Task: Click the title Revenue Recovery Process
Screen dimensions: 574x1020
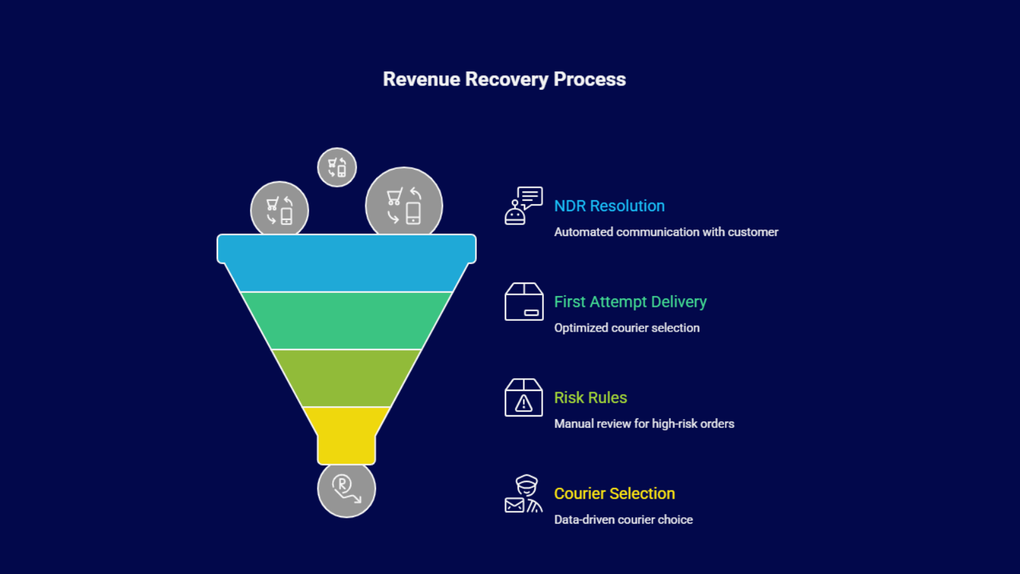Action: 504,79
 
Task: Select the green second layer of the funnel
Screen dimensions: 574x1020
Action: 346,320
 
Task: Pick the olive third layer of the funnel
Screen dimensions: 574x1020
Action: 346,378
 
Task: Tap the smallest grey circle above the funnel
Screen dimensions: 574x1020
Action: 337,168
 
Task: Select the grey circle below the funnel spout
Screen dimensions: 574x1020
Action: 346,490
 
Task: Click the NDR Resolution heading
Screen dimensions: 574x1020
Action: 609,206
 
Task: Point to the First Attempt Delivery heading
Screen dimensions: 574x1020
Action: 630,302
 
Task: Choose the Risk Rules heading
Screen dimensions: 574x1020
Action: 590,397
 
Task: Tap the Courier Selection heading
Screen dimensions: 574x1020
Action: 614,494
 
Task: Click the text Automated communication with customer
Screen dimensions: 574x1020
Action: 666,232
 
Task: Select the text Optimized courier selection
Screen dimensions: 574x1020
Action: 627,328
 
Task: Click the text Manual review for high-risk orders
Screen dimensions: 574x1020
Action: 644,423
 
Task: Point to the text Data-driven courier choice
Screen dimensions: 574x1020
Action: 623,520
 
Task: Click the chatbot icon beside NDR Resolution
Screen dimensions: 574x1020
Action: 523,205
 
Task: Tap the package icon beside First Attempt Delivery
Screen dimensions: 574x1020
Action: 523,302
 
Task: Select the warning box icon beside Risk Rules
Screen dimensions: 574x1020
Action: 523,397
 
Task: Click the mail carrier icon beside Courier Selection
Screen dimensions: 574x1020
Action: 523,494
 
